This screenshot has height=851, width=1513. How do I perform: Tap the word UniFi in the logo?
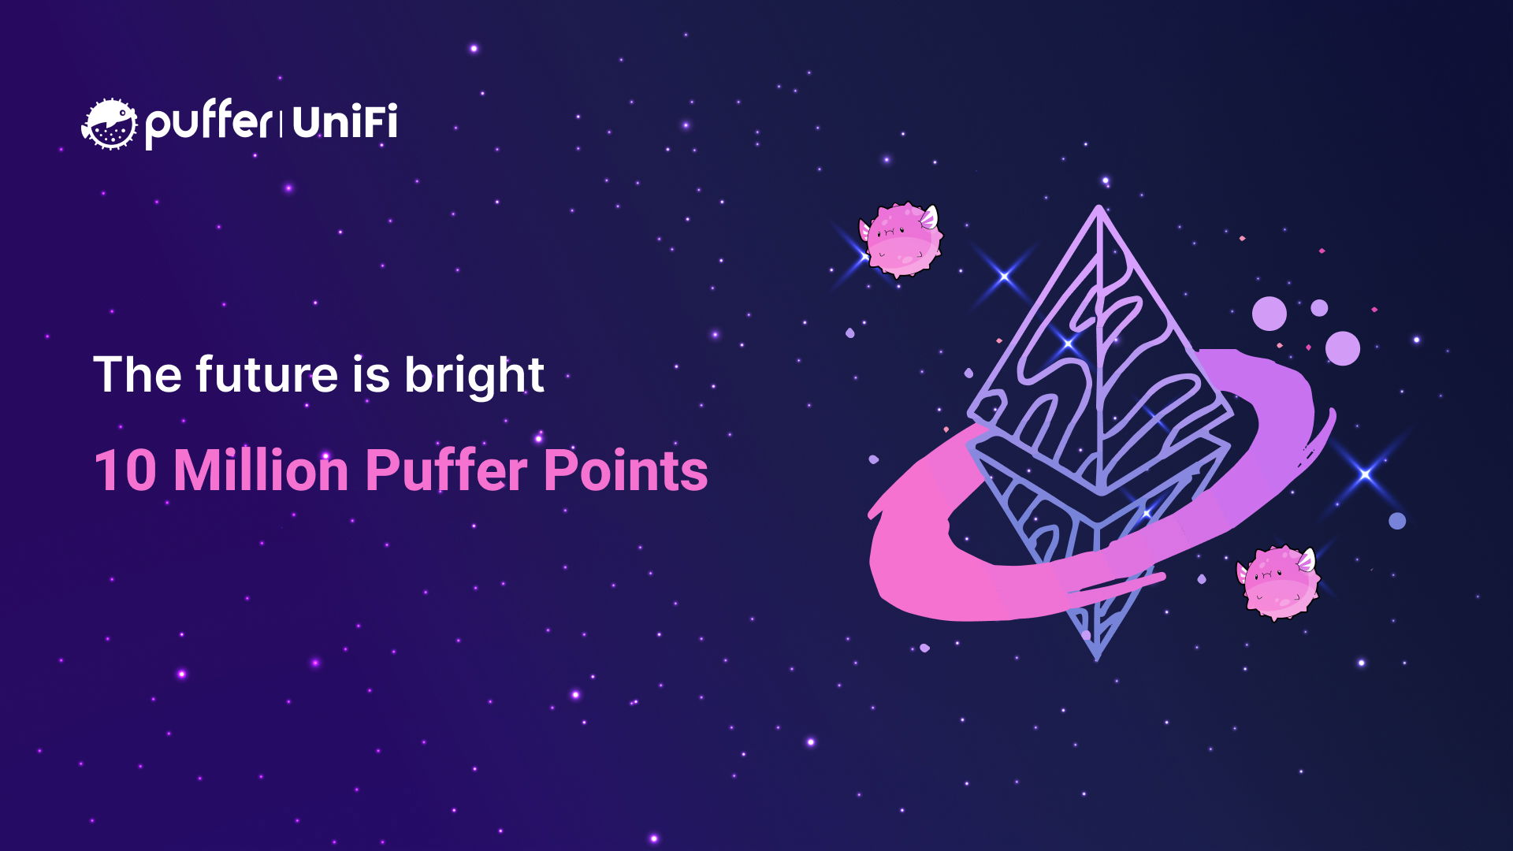[344, 123]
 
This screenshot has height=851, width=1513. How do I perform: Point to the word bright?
[474, 376]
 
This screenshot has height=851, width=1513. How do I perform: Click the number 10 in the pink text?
[125, 471]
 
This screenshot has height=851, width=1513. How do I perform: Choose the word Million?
[260, 471]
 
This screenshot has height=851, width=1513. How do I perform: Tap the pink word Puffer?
[447, 471]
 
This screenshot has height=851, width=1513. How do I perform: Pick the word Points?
[626, 471]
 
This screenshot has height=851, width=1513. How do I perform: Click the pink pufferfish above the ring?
[902, 240]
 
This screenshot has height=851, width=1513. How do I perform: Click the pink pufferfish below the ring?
[1277, 582]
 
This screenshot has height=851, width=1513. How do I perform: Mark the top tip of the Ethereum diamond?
[1099, 209]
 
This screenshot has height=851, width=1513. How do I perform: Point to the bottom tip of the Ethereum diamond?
[1097, 656]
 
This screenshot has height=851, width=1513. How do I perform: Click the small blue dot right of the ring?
[1397, 521]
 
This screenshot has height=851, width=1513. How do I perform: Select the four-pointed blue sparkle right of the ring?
[1365, 474]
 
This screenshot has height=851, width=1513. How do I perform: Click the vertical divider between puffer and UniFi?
[281, 124]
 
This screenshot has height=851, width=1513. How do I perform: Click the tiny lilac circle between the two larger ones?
[1319, 308]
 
